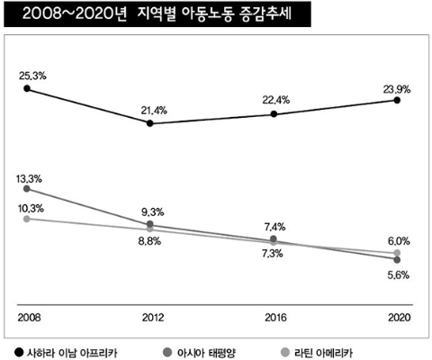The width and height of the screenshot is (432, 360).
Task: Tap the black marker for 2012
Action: (x=150, y=123)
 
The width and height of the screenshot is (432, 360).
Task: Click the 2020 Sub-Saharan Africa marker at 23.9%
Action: (x=398, y=101)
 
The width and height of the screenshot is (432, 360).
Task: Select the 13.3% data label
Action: (x=30, y=178)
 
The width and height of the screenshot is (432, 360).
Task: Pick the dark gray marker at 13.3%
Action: (x=27, y=189)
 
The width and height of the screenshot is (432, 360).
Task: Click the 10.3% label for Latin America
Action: (x=30, y=208)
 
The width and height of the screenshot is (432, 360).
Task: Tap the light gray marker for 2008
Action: (x=27, y=219)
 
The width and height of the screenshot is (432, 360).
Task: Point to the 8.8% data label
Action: (x=148, y=241)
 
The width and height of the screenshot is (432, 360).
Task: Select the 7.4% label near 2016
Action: (x=274, y=227)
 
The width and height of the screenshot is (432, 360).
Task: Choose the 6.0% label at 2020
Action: (x=398, y=240)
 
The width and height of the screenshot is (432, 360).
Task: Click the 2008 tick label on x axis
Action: (x=30, y=319)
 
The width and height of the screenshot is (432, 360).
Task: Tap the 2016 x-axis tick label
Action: (x=274, y=319)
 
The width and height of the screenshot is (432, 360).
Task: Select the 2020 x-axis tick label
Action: (x=398, y=319)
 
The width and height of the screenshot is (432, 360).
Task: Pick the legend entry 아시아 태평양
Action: (x=208, y=349)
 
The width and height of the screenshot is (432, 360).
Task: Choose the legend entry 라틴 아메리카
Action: (x=340, y=349)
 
